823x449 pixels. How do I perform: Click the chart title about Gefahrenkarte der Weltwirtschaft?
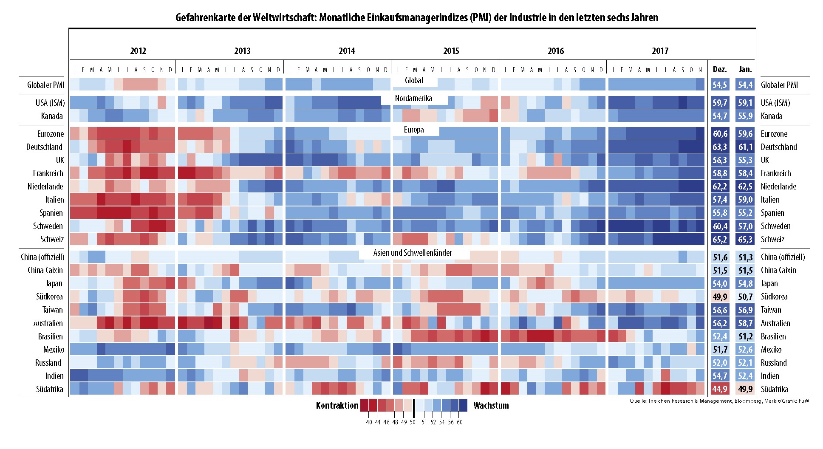[417, 18]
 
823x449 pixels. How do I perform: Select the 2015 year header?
[451, 51]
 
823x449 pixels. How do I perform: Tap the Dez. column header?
[719, 69]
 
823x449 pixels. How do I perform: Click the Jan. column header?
[745, 69]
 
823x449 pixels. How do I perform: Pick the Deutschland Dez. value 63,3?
[720, 147]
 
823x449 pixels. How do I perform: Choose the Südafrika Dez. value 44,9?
[720, 389]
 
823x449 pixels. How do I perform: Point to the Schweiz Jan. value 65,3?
[745, 240]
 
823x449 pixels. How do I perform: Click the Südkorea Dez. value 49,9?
[720, 297]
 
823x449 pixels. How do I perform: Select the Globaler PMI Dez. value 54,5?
[720, 85]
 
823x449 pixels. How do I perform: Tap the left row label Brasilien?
[50, 336]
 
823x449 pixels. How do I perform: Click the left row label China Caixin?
[45, 270]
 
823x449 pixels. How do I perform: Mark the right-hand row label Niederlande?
[778, 186]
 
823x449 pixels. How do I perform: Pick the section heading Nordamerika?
[413, 99]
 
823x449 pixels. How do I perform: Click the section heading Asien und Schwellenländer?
[412, 253]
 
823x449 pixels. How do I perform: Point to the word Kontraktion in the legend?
[337, 406]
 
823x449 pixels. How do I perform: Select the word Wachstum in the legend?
[491, 406]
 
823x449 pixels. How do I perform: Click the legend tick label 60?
[460, 422]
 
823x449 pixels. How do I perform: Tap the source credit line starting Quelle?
[719, 401]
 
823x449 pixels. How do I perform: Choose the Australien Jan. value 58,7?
[745, 323]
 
